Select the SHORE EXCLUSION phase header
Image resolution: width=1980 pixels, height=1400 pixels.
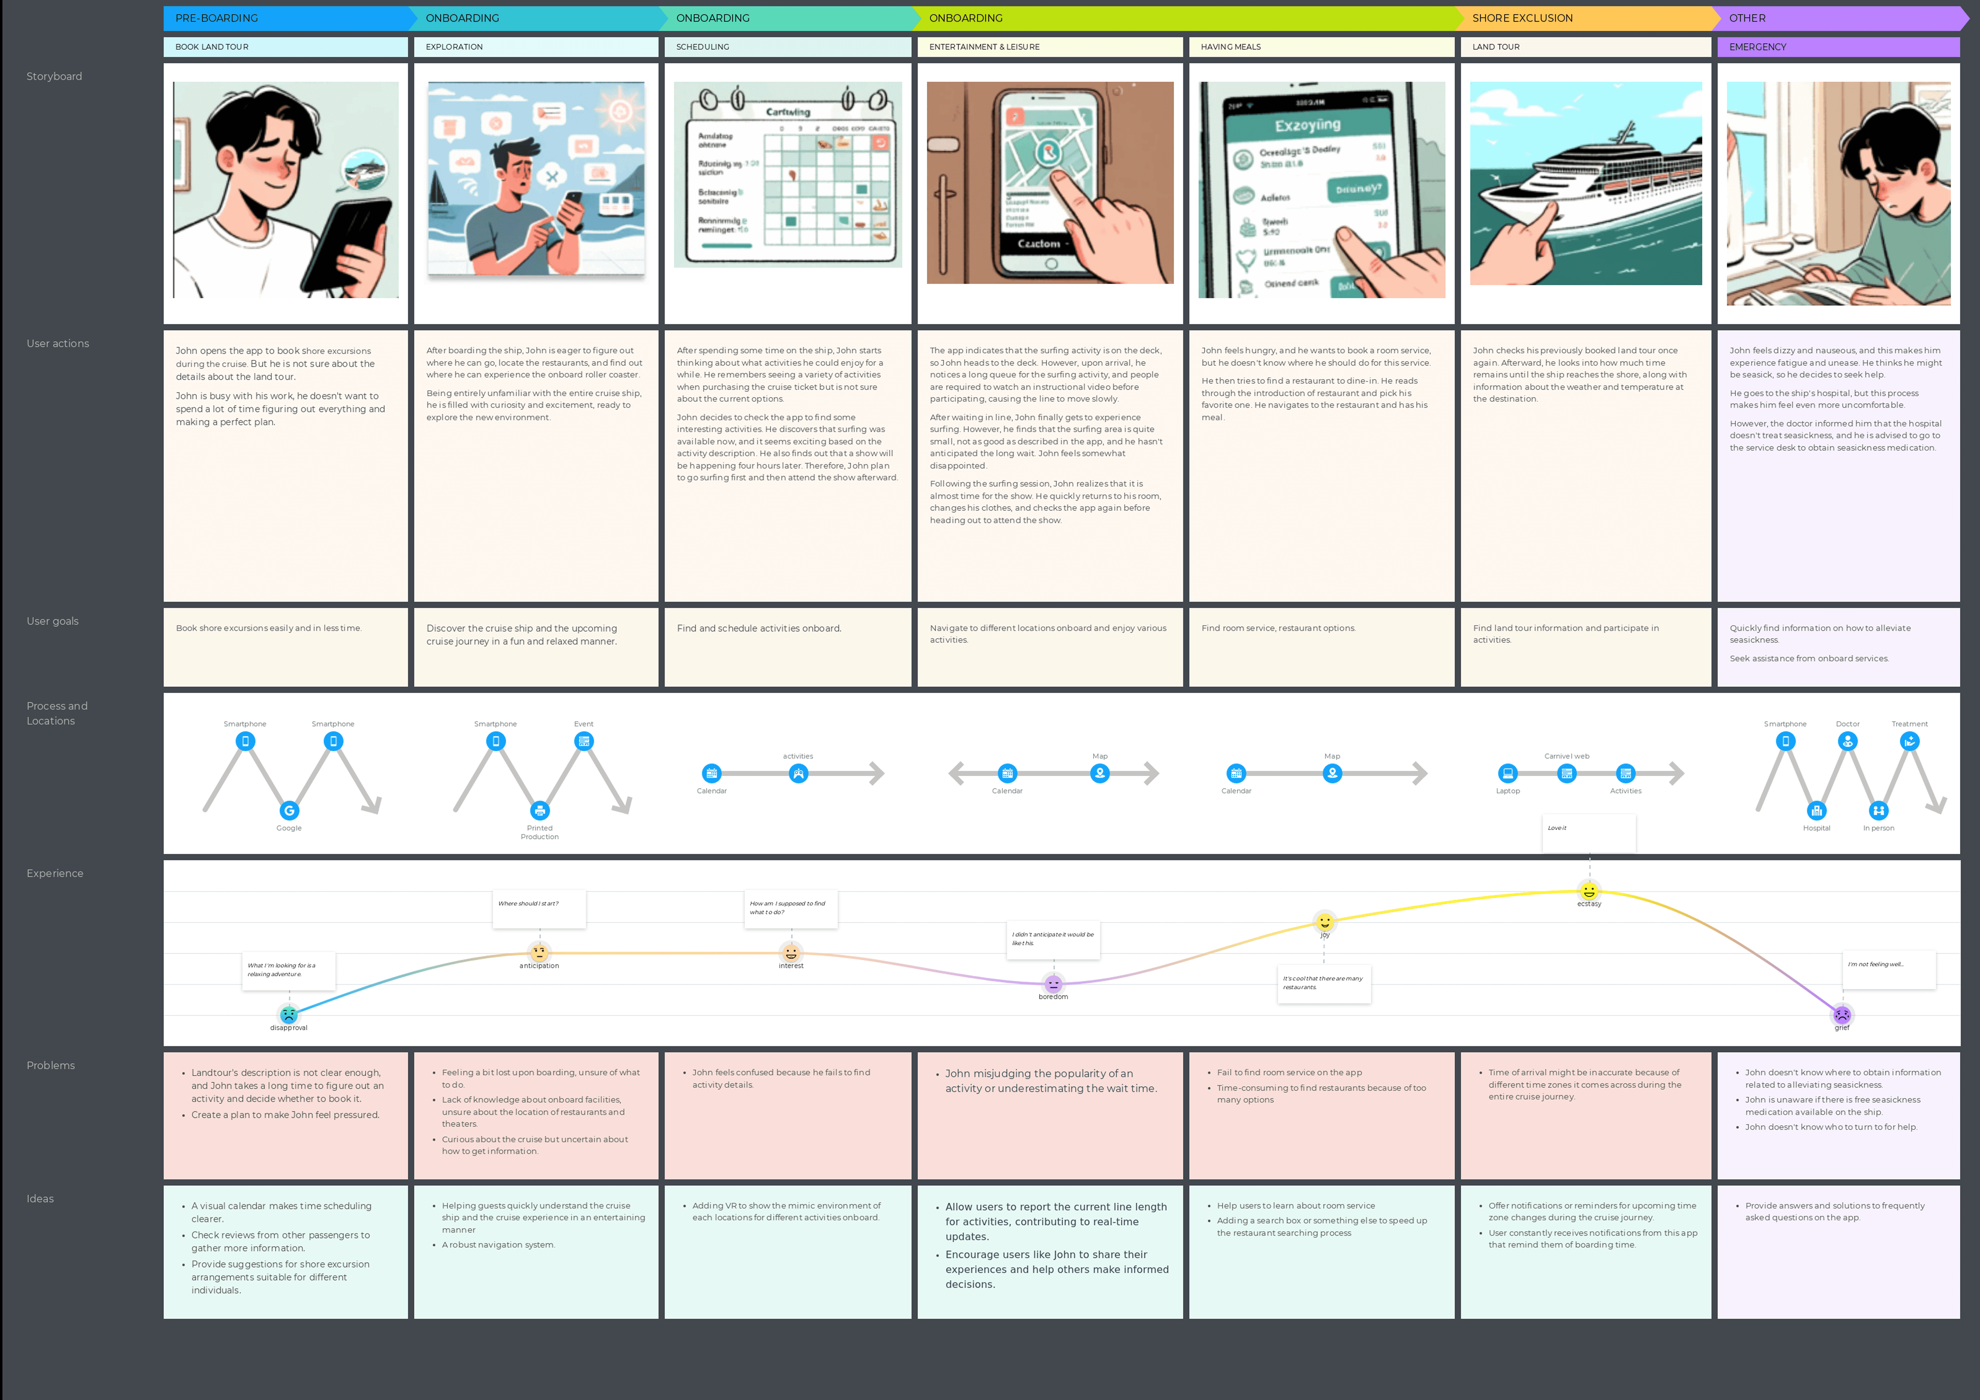point(1522,18)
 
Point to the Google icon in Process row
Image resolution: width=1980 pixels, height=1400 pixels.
point(289,810)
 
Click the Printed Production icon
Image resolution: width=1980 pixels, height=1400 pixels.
point(540,810)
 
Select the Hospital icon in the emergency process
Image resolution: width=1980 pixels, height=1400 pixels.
point(1816,810)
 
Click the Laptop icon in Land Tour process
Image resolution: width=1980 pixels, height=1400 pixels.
point(1507,773)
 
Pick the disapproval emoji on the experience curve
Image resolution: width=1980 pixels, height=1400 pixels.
point(289,1015)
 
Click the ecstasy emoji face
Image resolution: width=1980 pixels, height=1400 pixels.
point(1588,891)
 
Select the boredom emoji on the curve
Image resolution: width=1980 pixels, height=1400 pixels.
point(1053,984)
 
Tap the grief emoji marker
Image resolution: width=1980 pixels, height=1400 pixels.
point(1842,1015)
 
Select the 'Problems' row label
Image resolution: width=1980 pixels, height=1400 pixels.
point(51,1066)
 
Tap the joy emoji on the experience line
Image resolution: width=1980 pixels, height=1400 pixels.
point(1325,922)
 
